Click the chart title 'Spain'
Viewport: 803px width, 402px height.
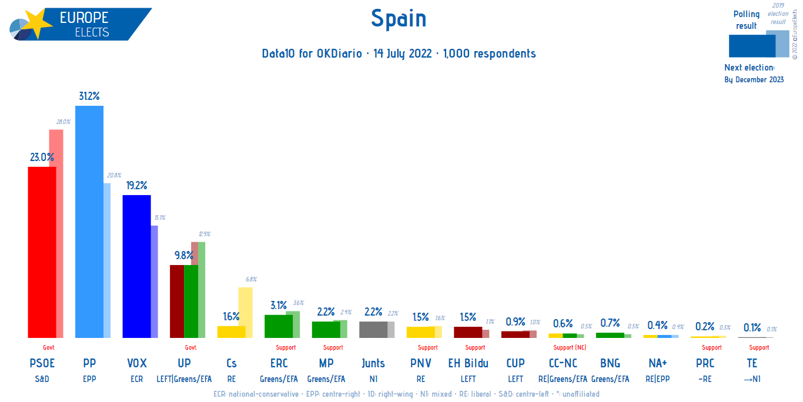(x=399, y=19)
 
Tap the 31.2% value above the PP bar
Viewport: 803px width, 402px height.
(x=89, y=96)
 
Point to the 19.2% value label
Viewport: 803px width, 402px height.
(x=136, y=185)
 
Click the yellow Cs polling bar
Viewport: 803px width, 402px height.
(x=231, y=331)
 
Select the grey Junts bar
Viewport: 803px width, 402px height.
(x=373, y=329)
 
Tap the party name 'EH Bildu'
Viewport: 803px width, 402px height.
(x=468, y=363)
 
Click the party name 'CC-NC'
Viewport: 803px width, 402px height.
(x=563, y=363)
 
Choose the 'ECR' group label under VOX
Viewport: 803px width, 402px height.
(x=136, y=379)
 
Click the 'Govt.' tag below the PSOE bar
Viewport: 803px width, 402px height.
(x=49, y=347)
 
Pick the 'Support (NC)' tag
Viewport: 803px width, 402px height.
(x=570, y=347)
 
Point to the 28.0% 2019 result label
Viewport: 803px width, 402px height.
(x=63, y=122)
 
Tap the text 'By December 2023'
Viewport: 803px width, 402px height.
(x=754, y=80)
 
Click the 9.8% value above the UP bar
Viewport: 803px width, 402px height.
(x=184, y=256)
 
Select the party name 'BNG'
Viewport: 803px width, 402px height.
(x=610, y=363)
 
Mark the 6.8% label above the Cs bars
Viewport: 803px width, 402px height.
(x=250, y=279)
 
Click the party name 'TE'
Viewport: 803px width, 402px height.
(x=752, y=363)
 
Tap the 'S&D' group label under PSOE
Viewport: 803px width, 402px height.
(x=42, y=379)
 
